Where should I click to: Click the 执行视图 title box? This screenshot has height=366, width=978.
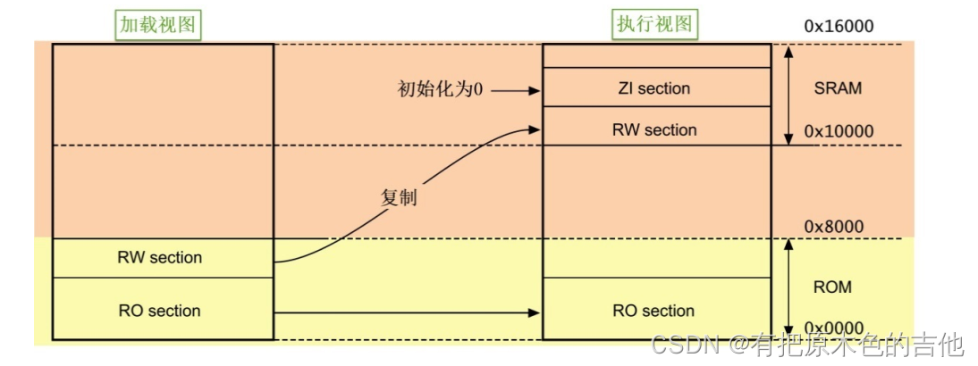[x=654, y=25]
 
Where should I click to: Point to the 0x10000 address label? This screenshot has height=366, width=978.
[x=839, y=131]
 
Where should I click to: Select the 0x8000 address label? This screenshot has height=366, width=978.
[x=834, y=227]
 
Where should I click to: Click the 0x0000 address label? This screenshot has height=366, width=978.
[x=834, y=329]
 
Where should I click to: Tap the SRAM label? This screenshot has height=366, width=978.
[x=839, y=89]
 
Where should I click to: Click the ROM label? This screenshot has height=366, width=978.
[x=832, y=287]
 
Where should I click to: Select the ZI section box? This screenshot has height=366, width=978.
[x=654, y=87]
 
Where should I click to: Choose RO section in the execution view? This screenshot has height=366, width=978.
[x=654, y=311]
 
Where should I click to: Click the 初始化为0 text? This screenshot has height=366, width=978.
[x=439, y=90]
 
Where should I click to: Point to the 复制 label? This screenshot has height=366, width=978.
[x=399, y=197]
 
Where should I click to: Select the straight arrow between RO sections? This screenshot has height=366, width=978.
[x=408, y=312]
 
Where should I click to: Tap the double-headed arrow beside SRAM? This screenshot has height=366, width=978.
[x=788, y=95]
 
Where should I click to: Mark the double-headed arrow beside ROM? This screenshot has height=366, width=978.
[x=788, y=288]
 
